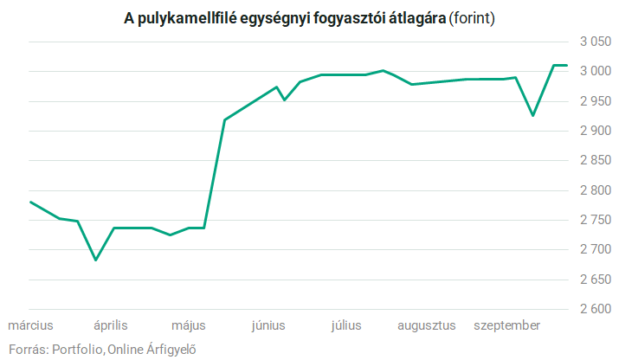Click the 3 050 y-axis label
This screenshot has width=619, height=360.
595,41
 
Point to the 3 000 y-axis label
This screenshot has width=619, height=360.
595,71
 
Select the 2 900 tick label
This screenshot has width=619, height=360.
595,131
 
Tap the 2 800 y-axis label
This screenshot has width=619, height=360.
595,190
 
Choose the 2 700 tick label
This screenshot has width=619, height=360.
595,249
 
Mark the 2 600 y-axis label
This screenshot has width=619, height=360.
595,309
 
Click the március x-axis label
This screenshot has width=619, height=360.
31,325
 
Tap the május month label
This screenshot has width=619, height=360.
189,325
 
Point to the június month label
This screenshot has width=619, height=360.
268,325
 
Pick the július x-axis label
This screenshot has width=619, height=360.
346,325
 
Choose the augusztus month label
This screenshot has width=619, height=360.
426,325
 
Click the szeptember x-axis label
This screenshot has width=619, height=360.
507,325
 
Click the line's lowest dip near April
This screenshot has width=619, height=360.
95,260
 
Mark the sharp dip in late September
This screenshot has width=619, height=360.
532,115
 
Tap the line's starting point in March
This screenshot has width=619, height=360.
30,202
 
